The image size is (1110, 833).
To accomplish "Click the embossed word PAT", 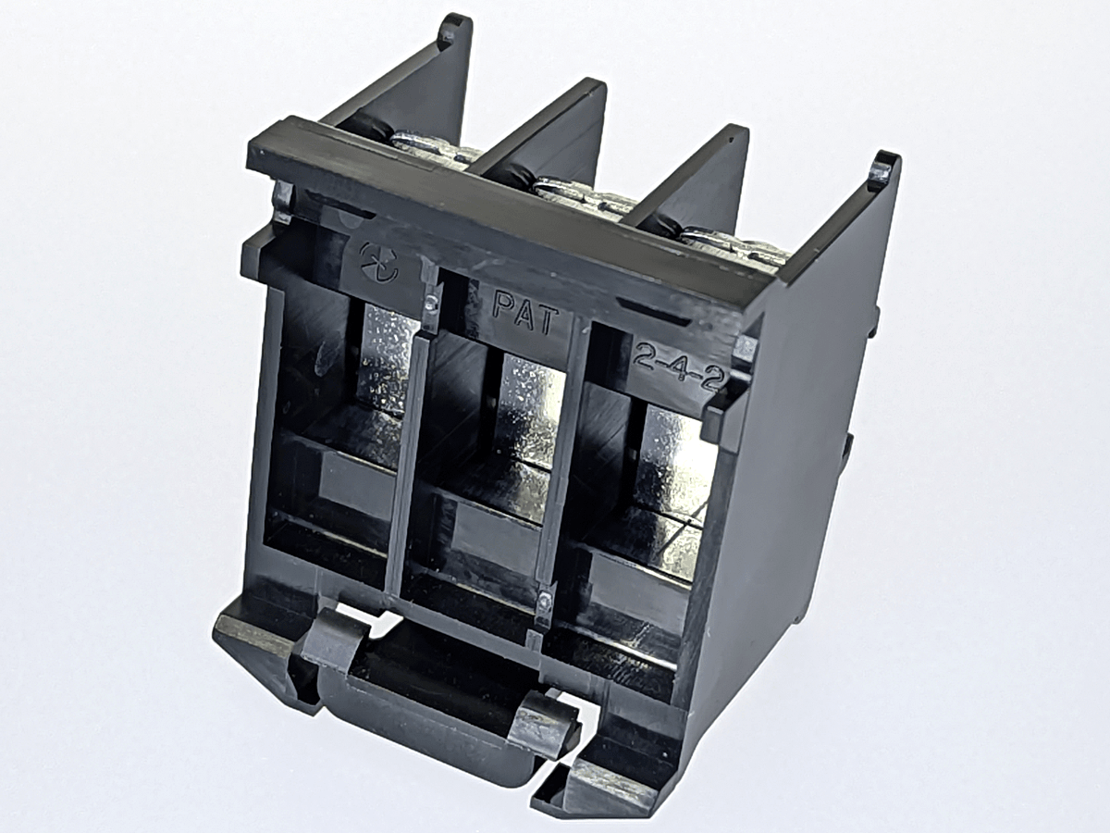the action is point(527,314).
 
